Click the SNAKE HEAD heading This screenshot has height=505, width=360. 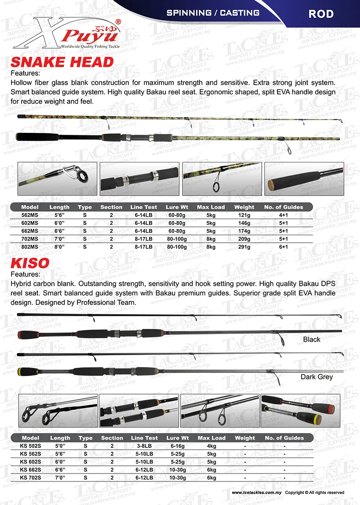[x=62, y=62]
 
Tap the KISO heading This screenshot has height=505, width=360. [x=30, y=263]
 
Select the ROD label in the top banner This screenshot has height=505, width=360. [x=321, y=14]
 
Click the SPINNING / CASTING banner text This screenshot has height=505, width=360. [x=213, y=13]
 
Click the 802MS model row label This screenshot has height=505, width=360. [x=30, y=246]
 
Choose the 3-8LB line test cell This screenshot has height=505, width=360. [x=144, y=446]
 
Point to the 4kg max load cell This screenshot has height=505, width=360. [x=211, y=446]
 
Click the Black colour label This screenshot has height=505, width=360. [x=312, y=339]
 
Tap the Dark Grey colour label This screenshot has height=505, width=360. [x=317, y=377]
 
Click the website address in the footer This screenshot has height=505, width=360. [x=257, y=493]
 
